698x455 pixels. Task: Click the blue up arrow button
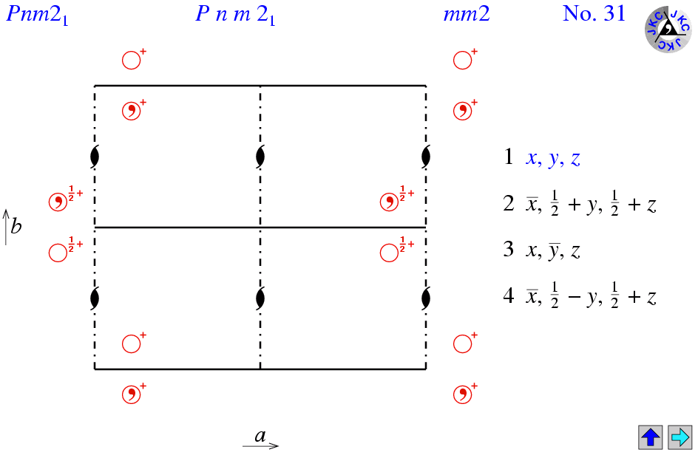(x=650, y=437)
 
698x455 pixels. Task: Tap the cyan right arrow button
(x=679, y=437)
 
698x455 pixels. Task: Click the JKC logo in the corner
(x=668, y=30)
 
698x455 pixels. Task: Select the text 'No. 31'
(x=594, y=13)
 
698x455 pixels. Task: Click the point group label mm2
(x=466, y=14)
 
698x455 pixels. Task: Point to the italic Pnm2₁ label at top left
(x=37, y=14)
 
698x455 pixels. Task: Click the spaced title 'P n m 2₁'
(x=235, y=15)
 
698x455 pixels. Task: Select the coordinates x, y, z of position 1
(x=553, y=157)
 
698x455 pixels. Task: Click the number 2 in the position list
(x=509, y=205)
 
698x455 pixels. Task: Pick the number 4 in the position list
(x=509, y=298)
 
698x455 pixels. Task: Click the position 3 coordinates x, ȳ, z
(x=553, y=251)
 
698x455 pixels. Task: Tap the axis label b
(x=16, y=226)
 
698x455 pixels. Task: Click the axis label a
(x=260, y=436)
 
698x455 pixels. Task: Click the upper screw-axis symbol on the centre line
(x=260, y=157)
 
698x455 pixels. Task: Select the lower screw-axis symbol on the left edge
(x=95, y=298)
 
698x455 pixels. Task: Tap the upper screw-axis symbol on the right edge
(x=426, y=157)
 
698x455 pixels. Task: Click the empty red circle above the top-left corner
(x=131, y=60)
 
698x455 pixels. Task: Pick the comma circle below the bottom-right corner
(x=462, y=394)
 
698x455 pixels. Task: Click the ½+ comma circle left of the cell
(x=57, y=202)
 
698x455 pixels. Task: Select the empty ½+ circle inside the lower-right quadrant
(x=389, y=253)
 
